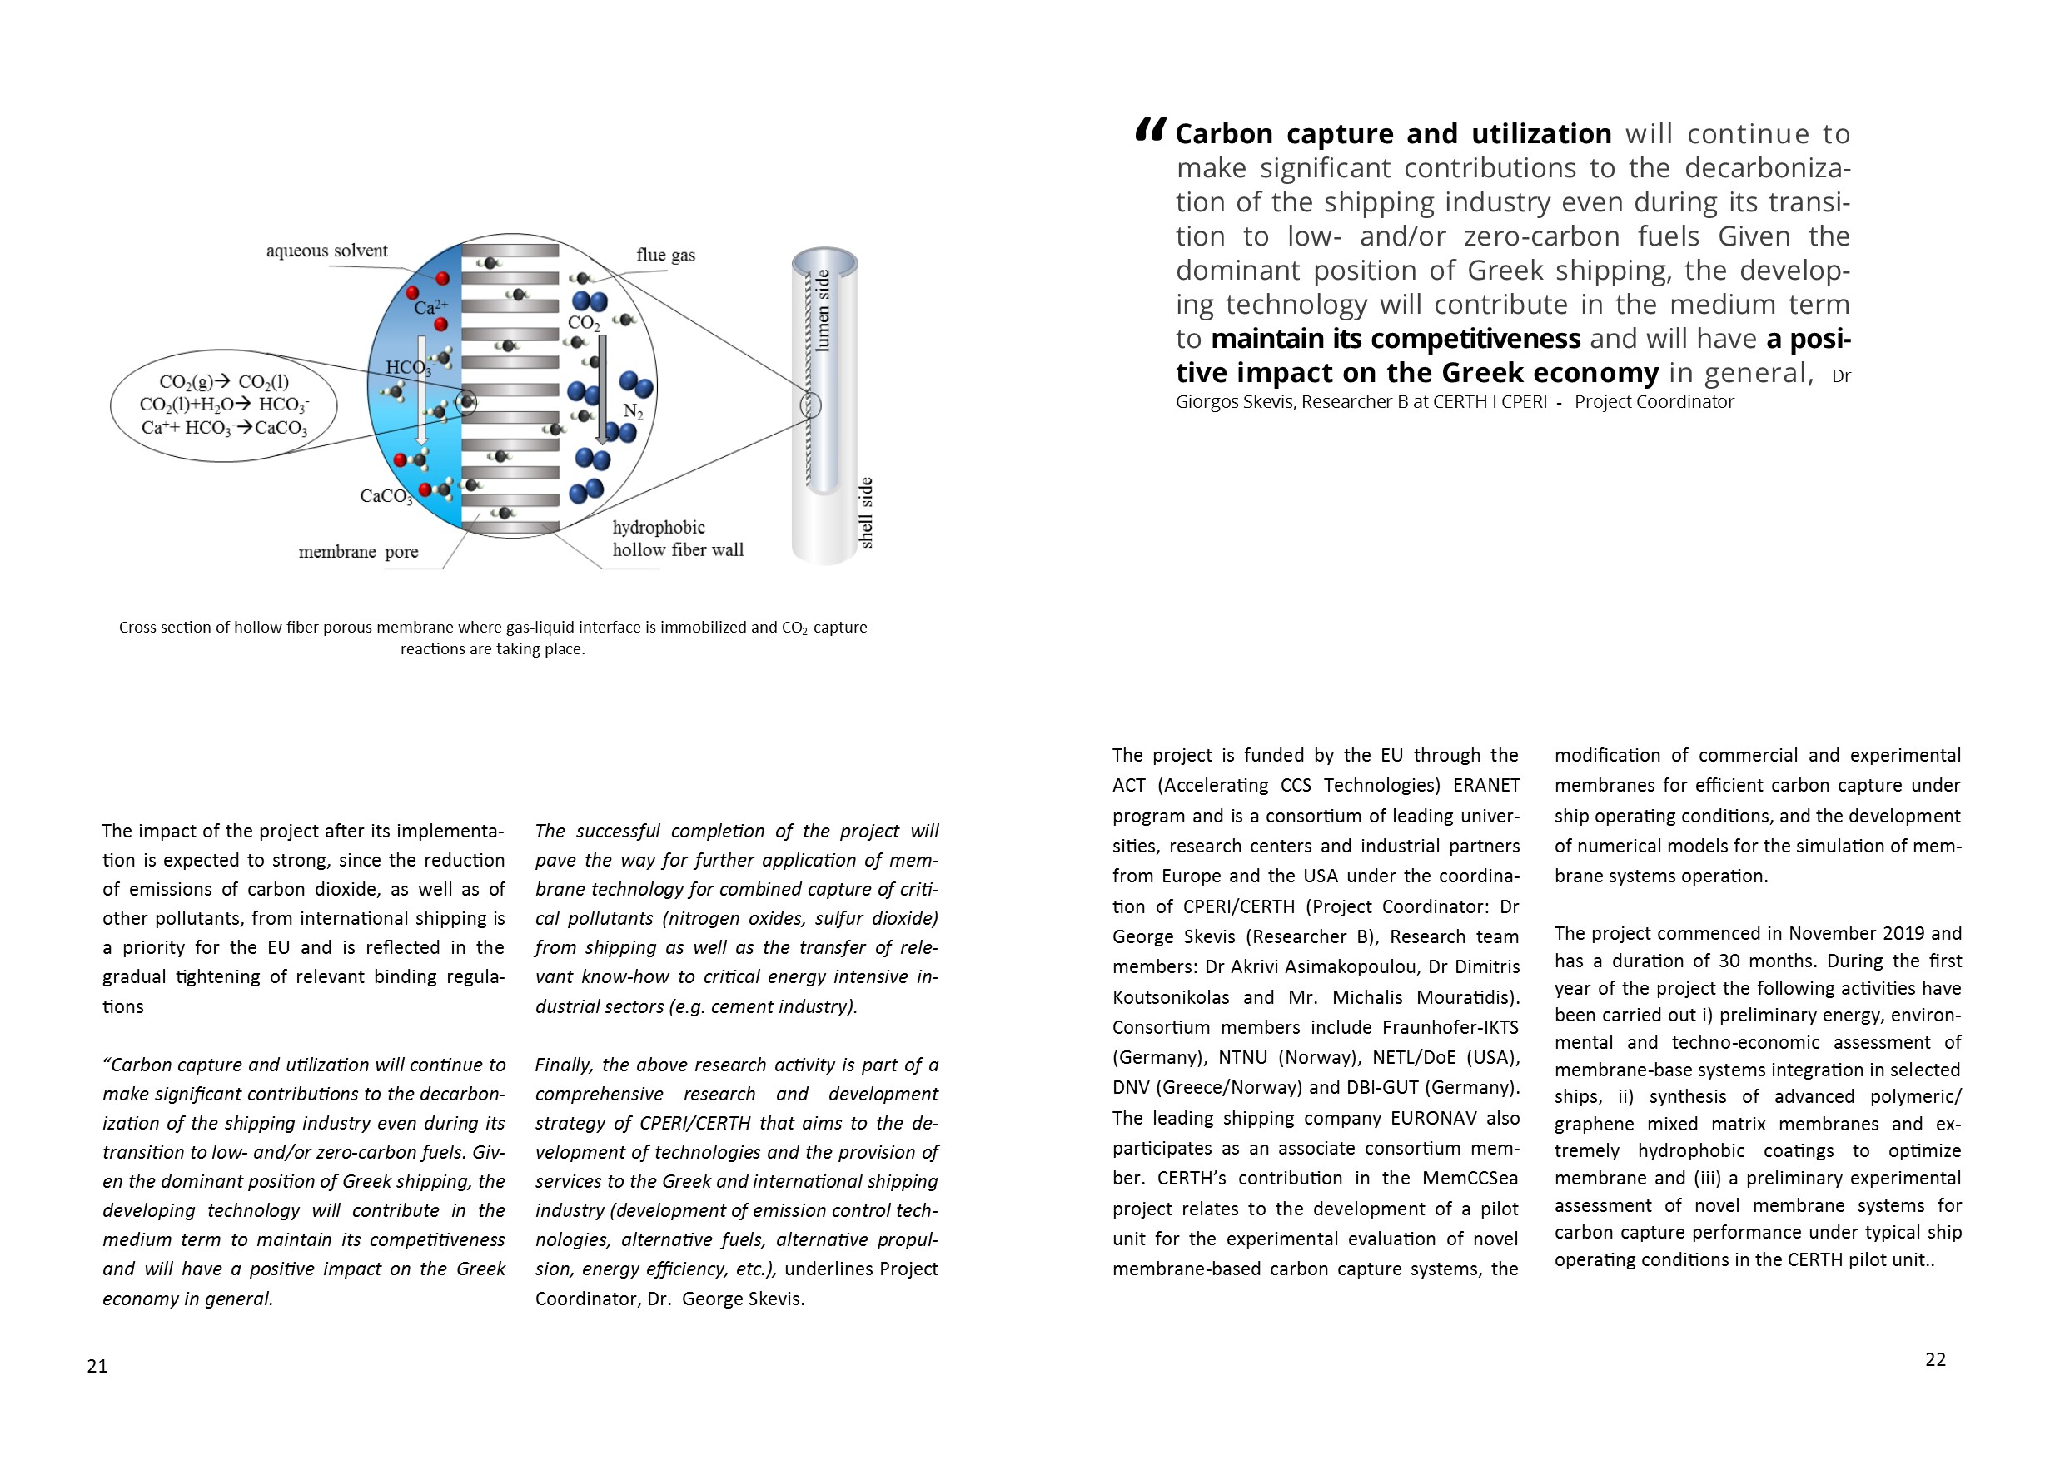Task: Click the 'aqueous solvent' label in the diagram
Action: [326, 251]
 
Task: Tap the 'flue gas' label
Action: [665, 256]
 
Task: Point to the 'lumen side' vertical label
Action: [822, 310]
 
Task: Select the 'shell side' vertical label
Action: [865, 513]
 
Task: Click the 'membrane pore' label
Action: [358, 552]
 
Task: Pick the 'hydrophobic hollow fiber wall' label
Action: [677, 539]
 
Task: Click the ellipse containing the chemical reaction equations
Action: [224, 405]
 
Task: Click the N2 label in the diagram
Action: [633, 412]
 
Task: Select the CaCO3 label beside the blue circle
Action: [386, 496]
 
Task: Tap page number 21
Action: [97, 1366]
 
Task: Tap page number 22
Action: [1935, 1359]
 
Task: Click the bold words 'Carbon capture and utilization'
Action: [1393, 134]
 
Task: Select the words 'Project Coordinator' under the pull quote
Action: [1654, 402]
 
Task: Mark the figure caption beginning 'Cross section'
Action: [493, 638]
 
